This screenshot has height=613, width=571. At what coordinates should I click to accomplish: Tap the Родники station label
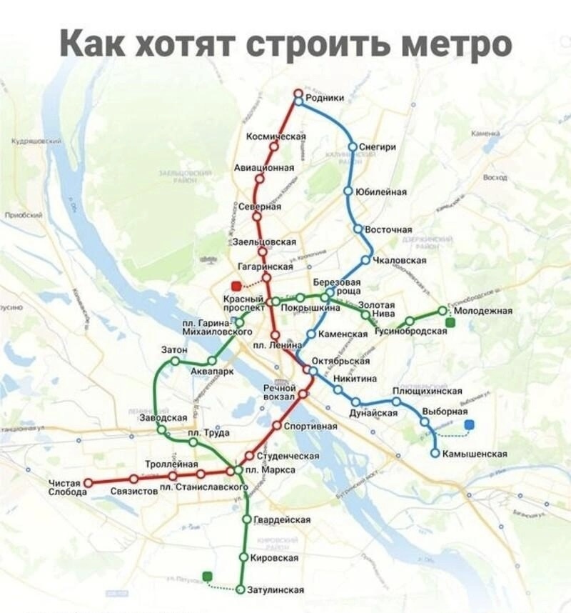pos(325,98)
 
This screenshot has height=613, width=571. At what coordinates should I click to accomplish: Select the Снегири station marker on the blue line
pos(352,146)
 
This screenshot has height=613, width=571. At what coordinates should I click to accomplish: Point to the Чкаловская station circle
pos(366,260)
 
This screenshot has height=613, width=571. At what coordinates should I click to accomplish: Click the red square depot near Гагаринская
pos(236,286)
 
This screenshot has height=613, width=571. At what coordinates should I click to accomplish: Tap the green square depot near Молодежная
pos(450,323)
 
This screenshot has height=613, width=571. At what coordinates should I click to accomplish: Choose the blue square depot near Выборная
pos(469,425)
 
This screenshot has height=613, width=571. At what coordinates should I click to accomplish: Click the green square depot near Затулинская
pos(207,576)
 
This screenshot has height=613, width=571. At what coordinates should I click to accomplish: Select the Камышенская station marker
pos(435,453)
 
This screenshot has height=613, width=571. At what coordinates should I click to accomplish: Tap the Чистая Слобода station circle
pos(89,483)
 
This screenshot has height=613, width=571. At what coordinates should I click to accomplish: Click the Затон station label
pos(175,350)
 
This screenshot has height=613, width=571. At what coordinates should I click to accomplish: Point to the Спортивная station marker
pos(277,426)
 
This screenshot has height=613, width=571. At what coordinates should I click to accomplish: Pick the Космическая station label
pos(276,136)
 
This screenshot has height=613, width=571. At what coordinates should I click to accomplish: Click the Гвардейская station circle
pos(246,519)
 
